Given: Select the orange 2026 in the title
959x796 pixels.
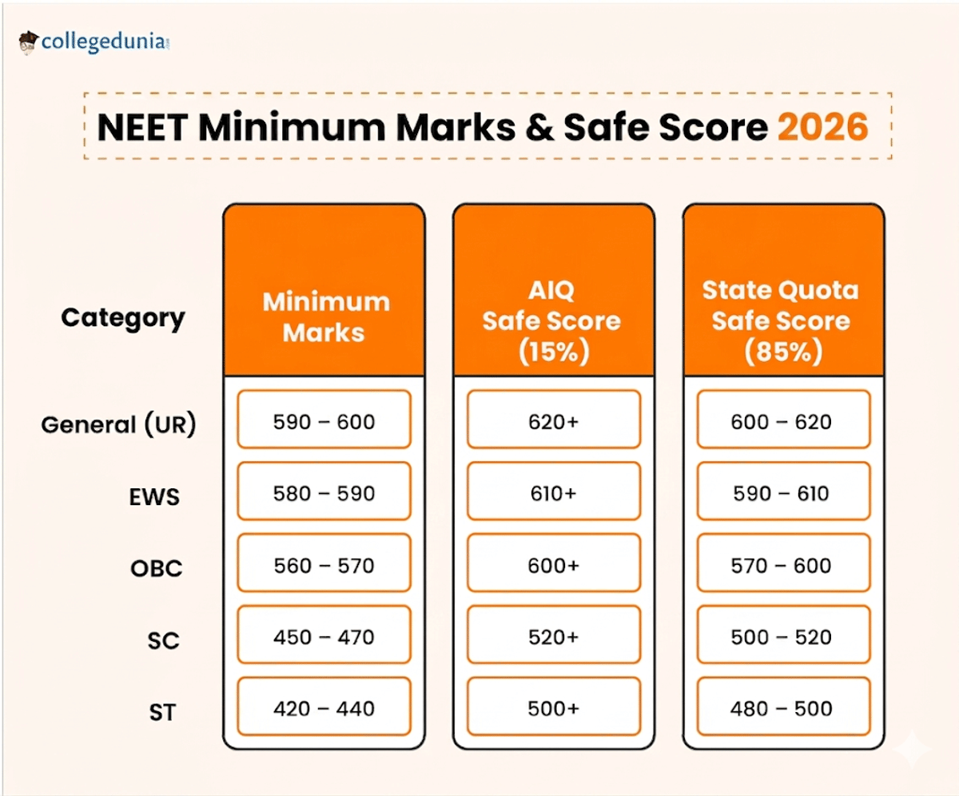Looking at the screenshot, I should [822, 128].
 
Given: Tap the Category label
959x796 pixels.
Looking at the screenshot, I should [123, 318].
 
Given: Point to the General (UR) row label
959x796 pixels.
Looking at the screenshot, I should [118, 424].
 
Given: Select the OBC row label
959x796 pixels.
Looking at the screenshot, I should [157, 569].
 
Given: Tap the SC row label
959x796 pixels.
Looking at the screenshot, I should [163, 641].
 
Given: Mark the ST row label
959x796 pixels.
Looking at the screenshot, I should [163, 712].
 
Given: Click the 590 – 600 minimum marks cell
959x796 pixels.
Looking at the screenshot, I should [324, 420].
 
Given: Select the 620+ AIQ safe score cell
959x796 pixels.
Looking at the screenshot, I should [553, 420].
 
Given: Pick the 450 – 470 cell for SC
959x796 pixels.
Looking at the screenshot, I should [324, 637].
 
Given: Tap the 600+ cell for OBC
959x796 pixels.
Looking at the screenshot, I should [553, 565].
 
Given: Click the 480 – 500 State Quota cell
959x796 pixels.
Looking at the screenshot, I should [782, 709].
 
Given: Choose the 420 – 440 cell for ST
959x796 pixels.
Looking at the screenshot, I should [324, 709].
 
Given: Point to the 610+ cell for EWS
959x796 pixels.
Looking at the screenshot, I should [553, 493].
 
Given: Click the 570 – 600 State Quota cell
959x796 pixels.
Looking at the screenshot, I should [782, 565].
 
